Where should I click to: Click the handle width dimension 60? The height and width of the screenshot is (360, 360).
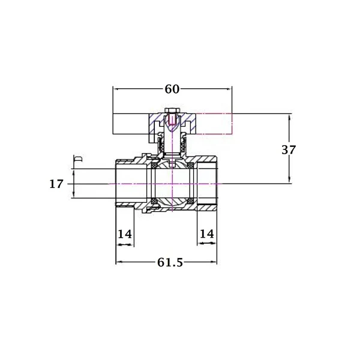[172, 89]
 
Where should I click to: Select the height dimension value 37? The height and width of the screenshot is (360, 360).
[289, 149]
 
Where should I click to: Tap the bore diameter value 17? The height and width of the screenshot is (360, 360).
[56, 184]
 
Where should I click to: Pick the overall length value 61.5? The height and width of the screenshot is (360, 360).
[170, 262]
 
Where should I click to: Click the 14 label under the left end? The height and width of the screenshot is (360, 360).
[125, 234]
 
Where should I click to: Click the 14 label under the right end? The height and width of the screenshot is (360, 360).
[207, 234]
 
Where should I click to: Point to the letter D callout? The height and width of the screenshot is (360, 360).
[79, 158]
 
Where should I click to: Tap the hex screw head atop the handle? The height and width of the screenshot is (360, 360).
[172, 111]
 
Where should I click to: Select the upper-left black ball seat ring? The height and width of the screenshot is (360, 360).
[154, 166]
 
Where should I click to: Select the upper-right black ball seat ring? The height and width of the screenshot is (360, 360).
[190, 166]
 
